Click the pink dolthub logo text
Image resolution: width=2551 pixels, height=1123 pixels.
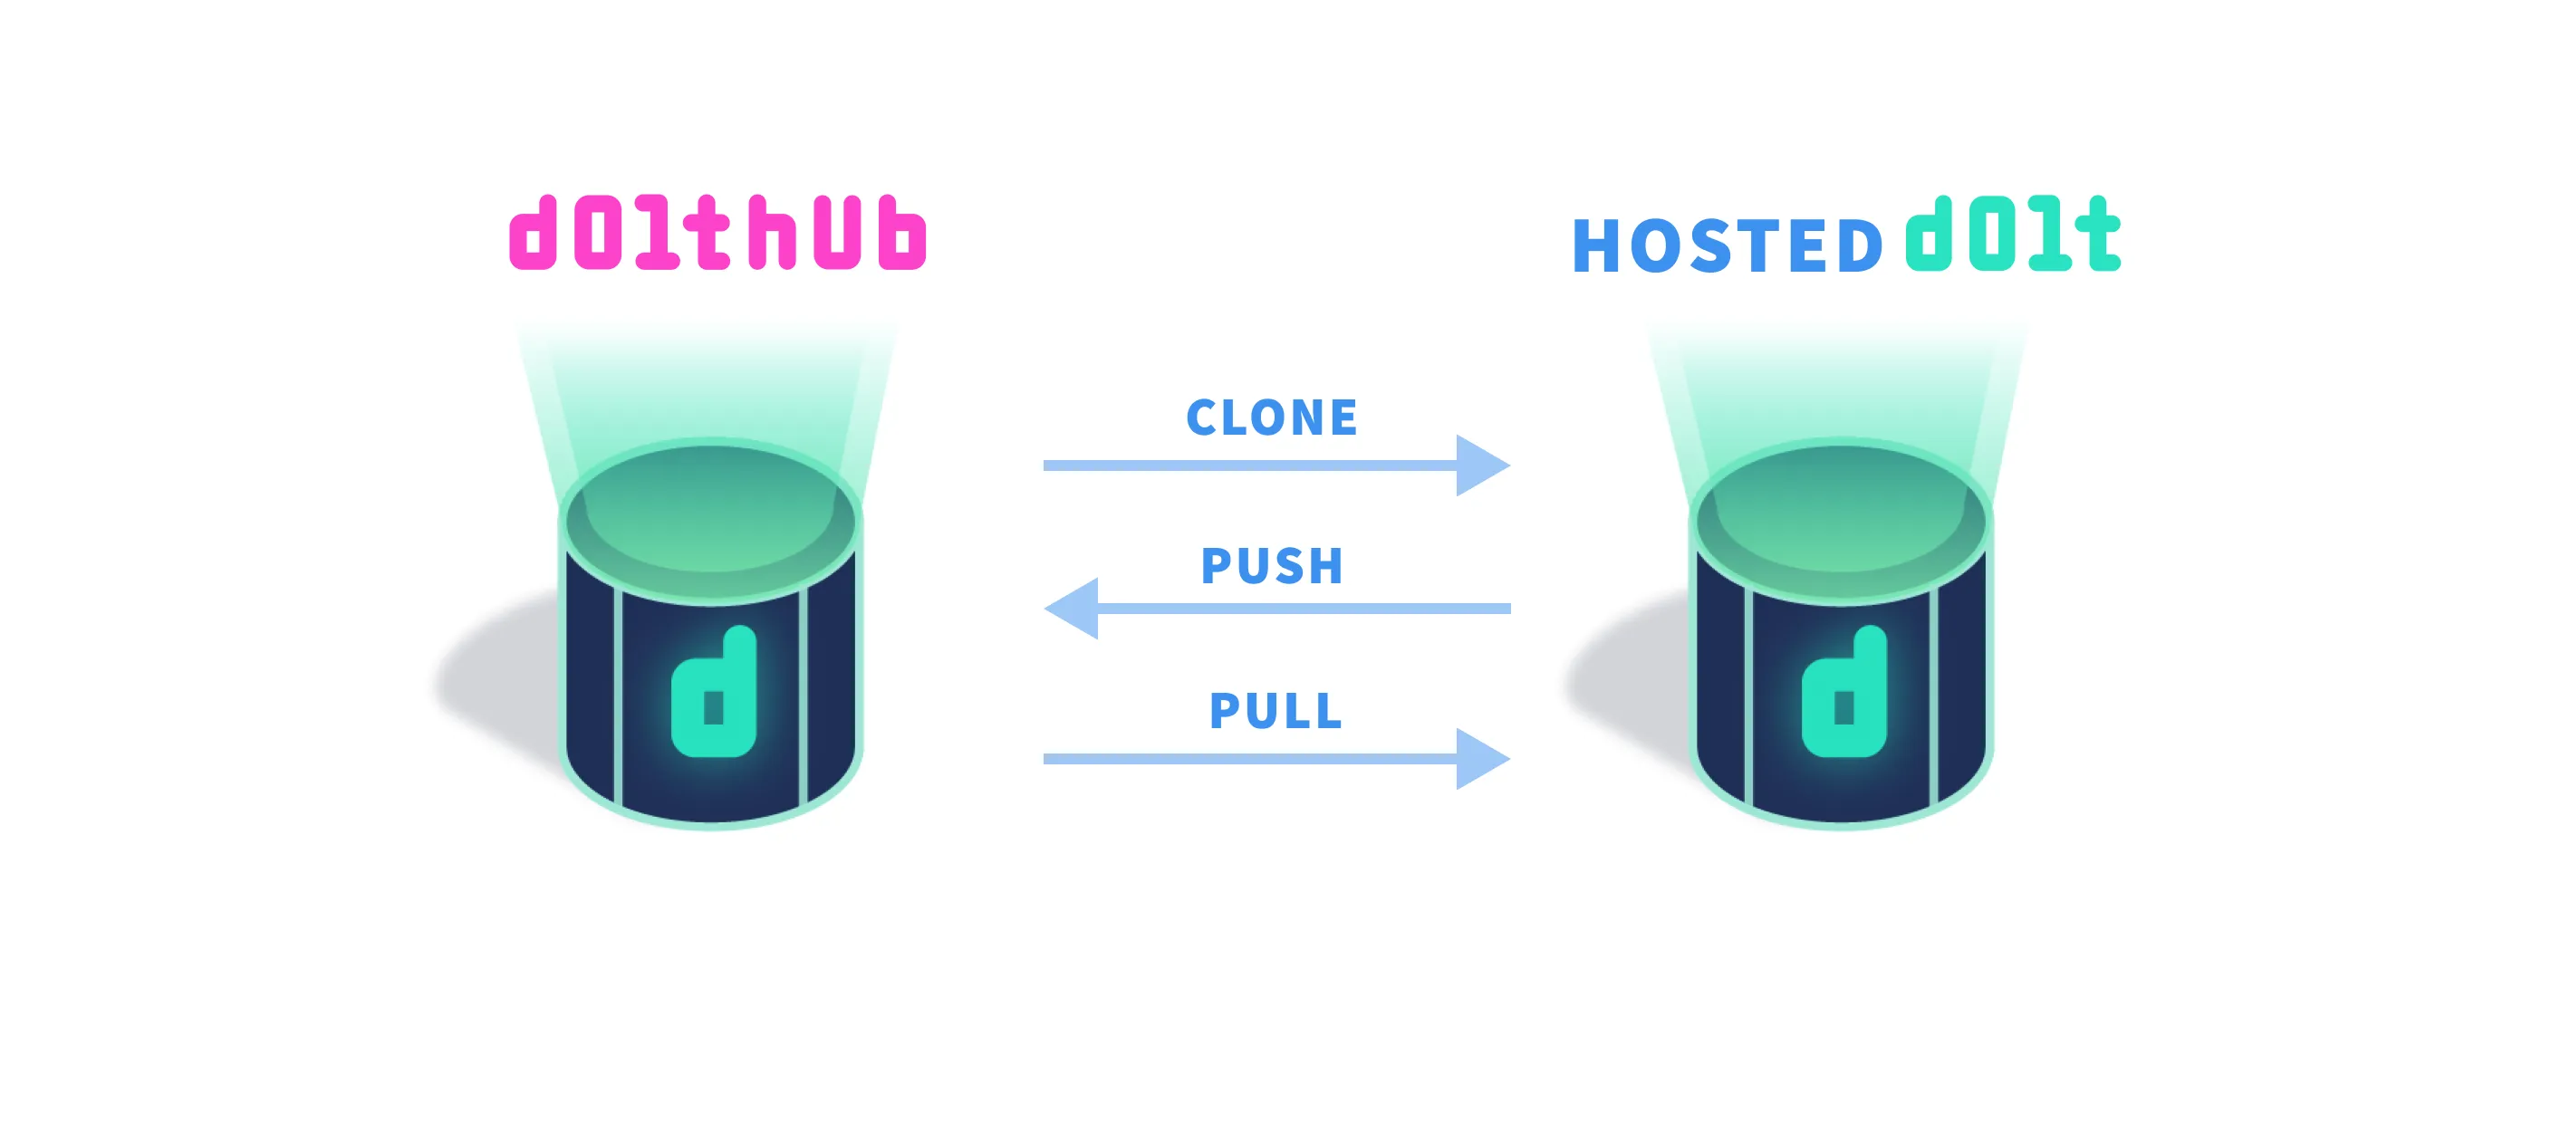tap(717, 234)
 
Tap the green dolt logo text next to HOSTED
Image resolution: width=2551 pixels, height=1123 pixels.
tap(2012, 234)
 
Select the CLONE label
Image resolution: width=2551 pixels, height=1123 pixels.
tap(1272, 417)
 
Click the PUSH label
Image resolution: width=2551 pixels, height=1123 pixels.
tap(1272, 565)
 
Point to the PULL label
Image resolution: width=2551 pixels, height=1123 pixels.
tap(1275, 710)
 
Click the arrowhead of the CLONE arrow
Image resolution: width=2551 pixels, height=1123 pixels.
tap(1480, 465)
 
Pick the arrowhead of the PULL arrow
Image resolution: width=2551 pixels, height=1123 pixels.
tap(1480, 759)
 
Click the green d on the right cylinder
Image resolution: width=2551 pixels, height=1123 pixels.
tap(1843, 693)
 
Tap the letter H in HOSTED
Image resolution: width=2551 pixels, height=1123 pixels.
tap(1594, 245)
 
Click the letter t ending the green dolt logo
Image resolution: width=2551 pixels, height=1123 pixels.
tap(2095, 234)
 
